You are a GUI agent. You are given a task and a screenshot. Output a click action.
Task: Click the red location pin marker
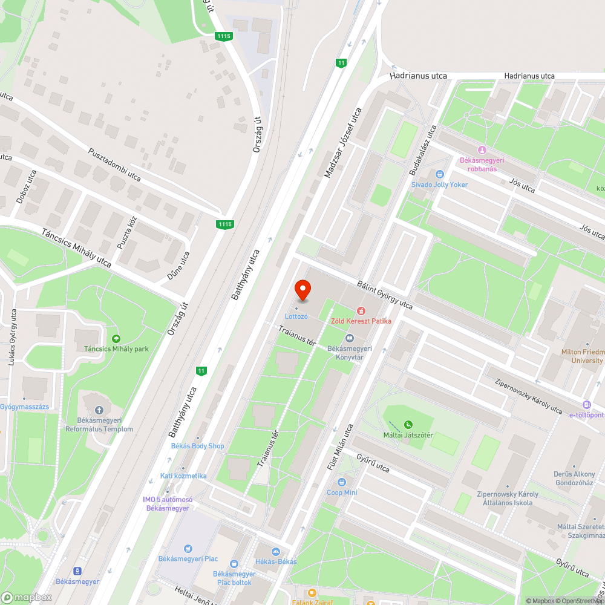click(302, 290)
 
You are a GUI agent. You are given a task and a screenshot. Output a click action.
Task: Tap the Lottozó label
click(296, 316)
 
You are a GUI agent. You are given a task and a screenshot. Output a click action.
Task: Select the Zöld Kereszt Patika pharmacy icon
click(361, 310)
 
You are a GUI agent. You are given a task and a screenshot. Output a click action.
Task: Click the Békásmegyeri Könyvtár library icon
click(349, 338)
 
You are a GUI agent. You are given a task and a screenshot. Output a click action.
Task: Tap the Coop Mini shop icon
click(342, 482)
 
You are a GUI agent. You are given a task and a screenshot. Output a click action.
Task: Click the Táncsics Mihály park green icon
click(116, 338)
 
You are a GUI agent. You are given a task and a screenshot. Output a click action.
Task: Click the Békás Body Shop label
click(199, 446)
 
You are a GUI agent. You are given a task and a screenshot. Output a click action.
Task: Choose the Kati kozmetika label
click(183, 476)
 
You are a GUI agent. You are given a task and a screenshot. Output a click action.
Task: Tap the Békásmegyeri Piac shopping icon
click(188, 548)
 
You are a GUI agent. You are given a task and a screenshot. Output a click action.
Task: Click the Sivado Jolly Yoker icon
click(440, 174)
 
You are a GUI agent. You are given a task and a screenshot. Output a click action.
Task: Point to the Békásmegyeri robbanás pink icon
click(482, 150)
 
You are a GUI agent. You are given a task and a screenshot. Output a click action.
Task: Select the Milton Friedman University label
click(583, 356)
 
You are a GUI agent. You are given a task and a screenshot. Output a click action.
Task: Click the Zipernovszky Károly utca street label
click(528, 396)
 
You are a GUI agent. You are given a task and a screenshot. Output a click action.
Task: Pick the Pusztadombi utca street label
click(114, 165)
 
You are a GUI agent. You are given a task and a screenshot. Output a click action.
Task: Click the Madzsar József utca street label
click(342, 143)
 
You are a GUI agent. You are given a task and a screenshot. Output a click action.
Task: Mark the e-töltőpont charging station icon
click(586, 405)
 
